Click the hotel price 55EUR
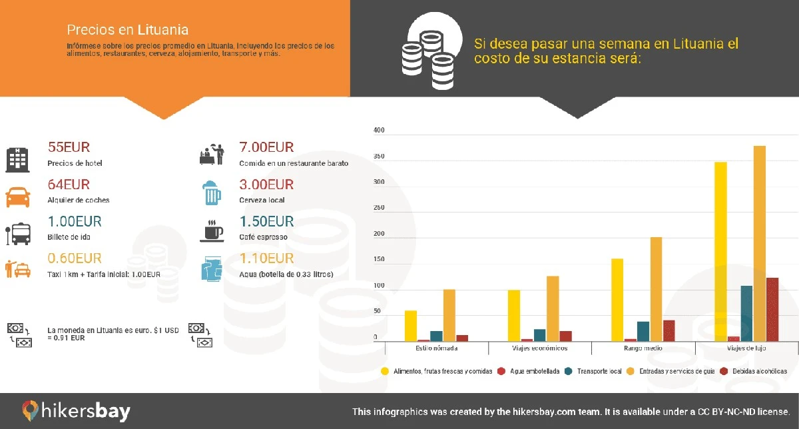tap(69, 148)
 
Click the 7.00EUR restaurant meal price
tap(266, 148)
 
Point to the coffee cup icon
tap(212, 230)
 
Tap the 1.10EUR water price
tap(266, 258)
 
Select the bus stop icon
tap(17, 233)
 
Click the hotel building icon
tap(18, 159)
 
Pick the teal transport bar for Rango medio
tap(643, 331)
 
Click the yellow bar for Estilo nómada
tap(411, 326)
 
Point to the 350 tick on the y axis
tap(379, 157)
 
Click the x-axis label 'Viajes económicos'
tap(539, 348)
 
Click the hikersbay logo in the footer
tap(76, 410)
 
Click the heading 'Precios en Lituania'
tap(127, 30)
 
